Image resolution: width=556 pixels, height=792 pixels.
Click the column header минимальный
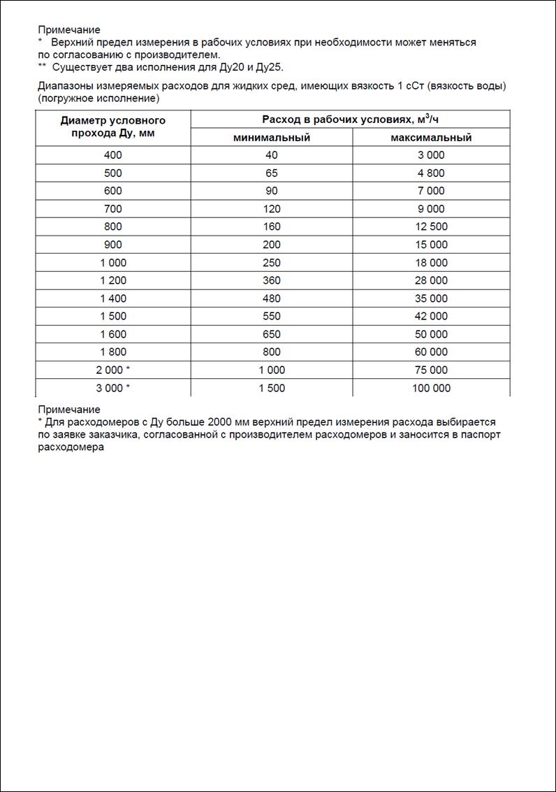click(272, 138)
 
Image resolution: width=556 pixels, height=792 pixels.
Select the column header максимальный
click(431, 138)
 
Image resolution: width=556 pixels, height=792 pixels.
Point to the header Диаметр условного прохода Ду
click(112, 127)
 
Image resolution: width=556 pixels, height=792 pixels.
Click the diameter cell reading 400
click(112, 155)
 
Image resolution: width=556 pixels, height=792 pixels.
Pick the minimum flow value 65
click(272, 173)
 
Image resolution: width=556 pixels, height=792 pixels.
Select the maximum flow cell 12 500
click(431, 226)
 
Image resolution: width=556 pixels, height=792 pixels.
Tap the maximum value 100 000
click(431, 388)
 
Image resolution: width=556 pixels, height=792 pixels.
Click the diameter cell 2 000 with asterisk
click(112, 370)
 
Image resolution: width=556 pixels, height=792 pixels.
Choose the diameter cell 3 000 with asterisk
click(112, 388)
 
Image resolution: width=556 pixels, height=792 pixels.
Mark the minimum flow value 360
click(272, 280)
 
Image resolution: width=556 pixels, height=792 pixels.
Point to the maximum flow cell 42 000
click(431, 316)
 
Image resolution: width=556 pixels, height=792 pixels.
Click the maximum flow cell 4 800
click(431, 173)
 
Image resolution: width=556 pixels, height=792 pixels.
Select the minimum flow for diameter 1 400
click(272, 298)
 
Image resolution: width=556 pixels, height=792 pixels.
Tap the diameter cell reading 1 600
click(112, 334)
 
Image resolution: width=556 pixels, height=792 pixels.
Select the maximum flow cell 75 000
click(431, 370)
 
